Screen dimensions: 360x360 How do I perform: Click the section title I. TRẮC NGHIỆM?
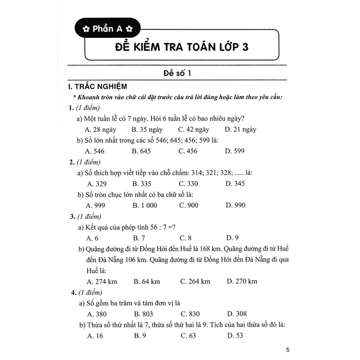click(x=95, y=87)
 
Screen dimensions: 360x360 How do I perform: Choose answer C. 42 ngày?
click(x=194, y=130)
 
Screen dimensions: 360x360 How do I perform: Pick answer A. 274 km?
click(x=103, y=281)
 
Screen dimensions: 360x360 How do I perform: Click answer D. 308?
click(x=237, y=314)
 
